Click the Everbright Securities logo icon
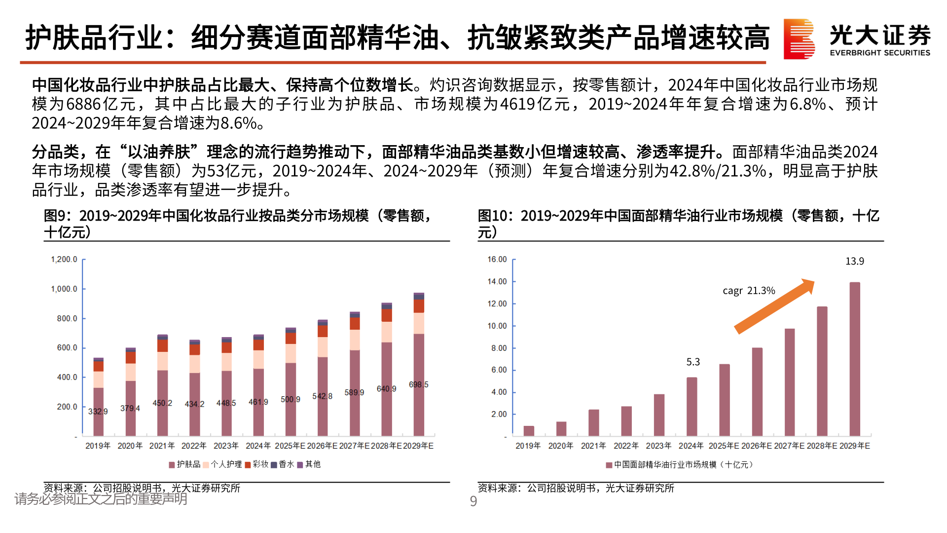pos(799,38)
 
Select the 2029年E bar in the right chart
pos(855,359)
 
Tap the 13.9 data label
pos(855,261)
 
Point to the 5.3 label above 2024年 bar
pos(693,362)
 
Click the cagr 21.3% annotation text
pos(749,291)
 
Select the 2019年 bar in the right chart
pos(529,430)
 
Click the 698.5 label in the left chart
pos(419,384)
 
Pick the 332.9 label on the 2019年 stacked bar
pos(98,411)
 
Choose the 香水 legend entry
pos(286,464)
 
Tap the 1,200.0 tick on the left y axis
pos(64,260)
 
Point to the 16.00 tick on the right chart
pos(497,260)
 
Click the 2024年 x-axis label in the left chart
pos(258,446)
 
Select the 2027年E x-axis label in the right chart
pos(789,446)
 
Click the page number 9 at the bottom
pos(473,501)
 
